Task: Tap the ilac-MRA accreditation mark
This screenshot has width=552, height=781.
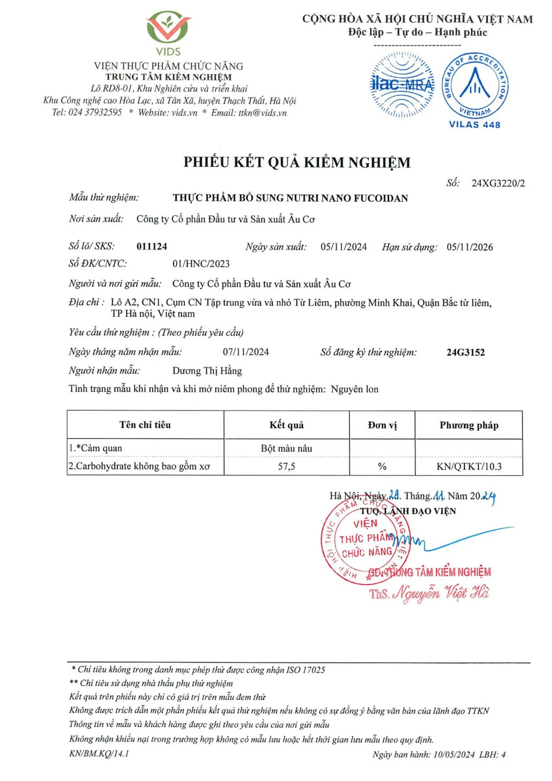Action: tap(402, 85)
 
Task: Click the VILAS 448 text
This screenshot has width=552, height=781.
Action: tap(474, 125)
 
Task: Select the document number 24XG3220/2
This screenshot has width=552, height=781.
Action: tap(498, 183)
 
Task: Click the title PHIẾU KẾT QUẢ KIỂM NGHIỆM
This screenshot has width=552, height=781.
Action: tap(297, 163)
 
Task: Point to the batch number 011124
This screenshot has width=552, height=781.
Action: tap(152, 247)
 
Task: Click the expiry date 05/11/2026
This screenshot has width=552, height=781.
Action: tap(470, 247)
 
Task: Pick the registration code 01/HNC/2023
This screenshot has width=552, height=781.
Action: tap(201, 264)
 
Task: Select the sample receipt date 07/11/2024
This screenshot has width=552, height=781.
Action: tap(246, 352)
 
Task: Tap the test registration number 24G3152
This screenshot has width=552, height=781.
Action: tap(466, 352)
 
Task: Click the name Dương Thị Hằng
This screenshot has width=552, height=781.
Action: tap(207, 371)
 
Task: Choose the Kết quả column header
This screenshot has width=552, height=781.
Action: tap(287, 425)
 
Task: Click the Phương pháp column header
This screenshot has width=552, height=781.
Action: tap(469, 425)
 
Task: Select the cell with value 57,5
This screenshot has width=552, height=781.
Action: tap(287, 467)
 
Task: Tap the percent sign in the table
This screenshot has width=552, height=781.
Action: tap(382, 467)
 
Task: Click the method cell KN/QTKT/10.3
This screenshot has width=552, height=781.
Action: tap(469, 467)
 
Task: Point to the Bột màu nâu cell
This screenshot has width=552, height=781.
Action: tap(287, 448)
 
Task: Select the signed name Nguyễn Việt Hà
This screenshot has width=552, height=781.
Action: tap(441, 593)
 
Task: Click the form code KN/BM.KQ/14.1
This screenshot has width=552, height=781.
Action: tap(99, 753)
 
